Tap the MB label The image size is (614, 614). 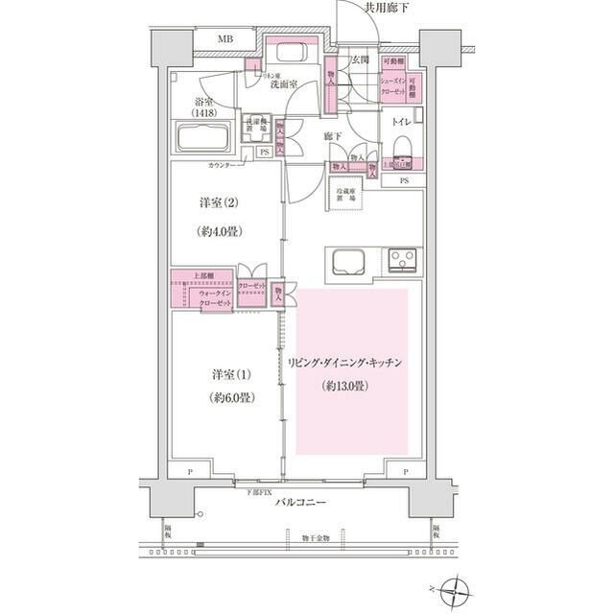(224, 39)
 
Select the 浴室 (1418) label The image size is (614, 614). (203, 106)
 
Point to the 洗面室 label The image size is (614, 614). (283, 83)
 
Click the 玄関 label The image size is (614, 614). (361, 60)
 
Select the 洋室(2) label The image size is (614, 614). (217, 203)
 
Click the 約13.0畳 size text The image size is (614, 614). (344, 386)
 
